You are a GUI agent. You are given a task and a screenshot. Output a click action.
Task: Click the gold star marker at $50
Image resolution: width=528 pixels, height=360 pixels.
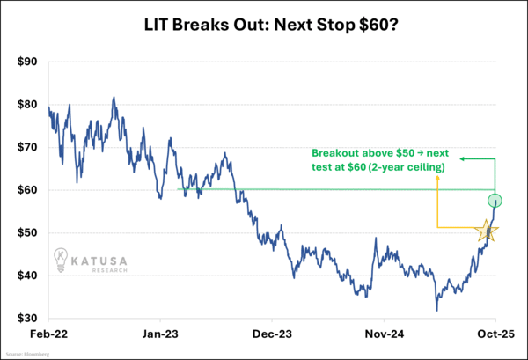487,231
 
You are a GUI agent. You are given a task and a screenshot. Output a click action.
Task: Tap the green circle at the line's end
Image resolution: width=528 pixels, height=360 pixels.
495,201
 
